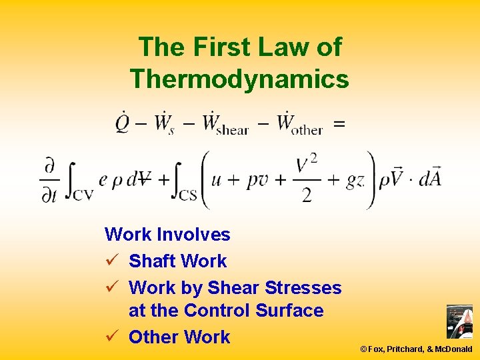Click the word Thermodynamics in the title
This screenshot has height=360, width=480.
(x=239, y=79)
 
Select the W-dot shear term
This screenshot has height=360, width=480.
(x=225, y=124)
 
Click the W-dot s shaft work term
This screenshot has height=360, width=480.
(x=164, y=124)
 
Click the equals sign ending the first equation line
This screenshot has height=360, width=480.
(x=339, y=124)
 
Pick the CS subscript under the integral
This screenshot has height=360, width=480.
(x=189, y=195)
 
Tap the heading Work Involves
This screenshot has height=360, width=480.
(x=167, y=235)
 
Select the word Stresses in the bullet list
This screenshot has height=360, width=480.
(x=303, y=288)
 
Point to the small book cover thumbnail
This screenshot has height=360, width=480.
(x=459, y=322)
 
